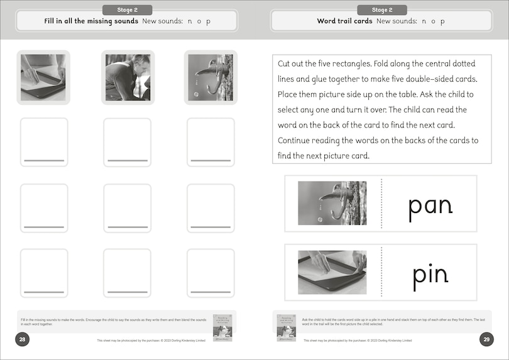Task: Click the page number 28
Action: pyautogui.click(x=22, y=340)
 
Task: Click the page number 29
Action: pyautogui.click(x=486, y=340)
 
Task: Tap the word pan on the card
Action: pyautogui.click(x=430, y=206)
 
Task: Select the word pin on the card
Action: pyautogui.click(x=430, y=275)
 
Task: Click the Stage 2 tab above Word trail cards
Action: pyautogui.click(x=381, y=10)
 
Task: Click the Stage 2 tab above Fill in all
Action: pyautogui.click(x=127, y=10)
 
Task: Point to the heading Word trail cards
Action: pyautogui.click(x=344, y=21)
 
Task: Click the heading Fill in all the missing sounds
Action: pyautogui.click(x=90, y=21)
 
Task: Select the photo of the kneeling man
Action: pyautogui.click(x=127, y=77)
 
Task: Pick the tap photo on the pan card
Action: pyautogui.click(x=332, y=204)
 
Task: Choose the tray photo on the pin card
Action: pyautogui.click(x=332, y=272)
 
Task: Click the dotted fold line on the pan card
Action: pyautogui.click(x=381, y=204)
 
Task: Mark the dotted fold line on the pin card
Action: pyautogui.click(x=381, y=272)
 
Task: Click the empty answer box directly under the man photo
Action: pyautogui.click(x=127, y=141)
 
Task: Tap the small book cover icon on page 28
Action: pyautogui.click(x=222, y=327)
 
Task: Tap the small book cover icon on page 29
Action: pyautogui.click(x=287, y=327)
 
